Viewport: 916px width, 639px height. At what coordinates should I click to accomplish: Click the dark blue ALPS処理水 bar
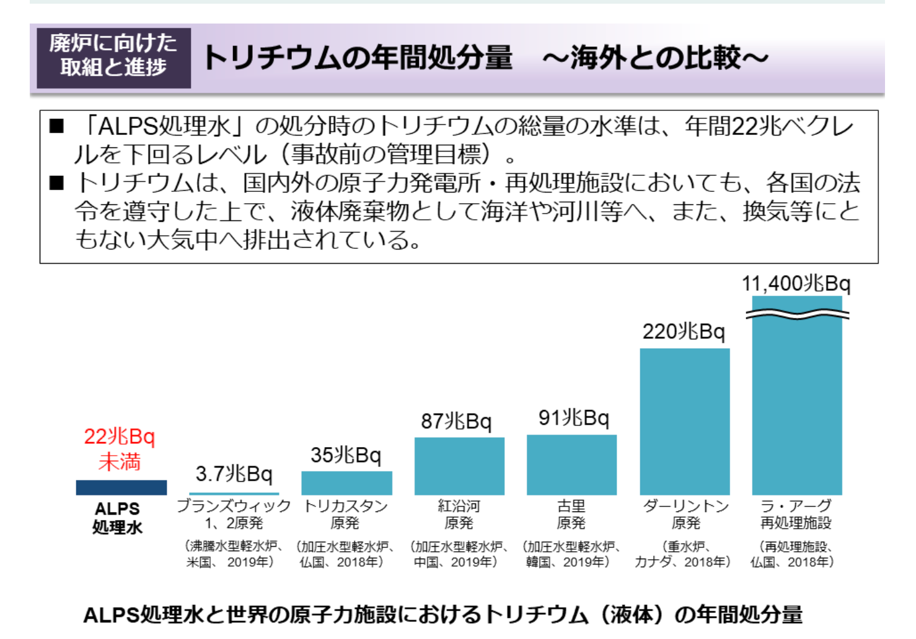(x=121, y=487)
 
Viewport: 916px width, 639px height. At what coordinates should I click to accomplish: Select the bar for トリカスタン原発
(x=346, y=483)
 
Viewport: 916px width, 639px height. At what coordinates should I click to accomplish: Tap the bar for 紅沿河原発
(x=459, y=466)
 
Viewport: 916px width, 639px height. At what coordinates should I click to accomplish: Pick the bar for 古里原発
(x=571, y=464)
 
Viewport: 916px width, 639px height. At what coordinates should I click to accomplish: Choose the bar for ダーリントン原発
(x=684, y=421)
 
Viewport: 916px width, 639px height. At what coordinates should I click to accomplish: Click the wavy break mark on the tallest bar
(x=797, y=315)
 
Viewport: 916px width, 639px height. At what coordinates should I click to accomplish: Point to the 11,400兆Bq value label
(x=796, y=284)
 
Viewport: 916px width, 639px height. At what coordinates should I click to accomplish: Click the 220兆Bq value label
(x=684, y=332)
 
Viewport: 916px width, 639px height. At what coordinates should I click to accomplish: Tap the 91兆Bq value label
(x=573, y=418)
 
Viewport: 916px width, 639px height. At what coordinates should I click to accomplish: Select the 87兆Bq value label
(x=456, y=421)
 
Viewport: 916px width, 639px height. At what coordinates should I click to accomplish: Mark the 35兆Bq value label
(x=346, y=455)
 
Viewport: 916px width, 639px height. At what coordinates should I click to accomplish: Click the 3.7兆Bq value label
(x=234, y=474)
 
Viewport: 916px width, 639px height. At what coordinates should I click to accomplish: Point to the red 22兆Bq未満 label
(x=120, y=449)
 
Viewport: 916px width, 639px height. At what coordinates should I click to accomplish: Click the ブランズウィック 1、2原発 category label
(x=234, y=515)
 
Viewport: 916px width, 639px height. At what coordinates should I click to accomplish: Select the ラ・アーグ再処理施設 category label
(x=796, y=515)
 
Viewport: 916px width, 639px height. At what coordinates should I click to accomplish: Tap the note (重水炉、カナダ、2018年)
(x=683, y=554)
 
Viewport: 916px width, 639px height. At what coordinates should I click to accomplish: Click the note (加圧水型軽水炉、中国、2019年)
(x=459, y=554)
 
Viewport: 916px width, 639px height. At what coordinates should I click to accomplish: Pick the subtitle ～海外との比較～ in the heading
(x=655, y=58)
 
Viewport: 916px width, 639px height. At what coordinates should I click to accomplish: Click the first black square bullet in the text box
(x=57, y=126)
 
